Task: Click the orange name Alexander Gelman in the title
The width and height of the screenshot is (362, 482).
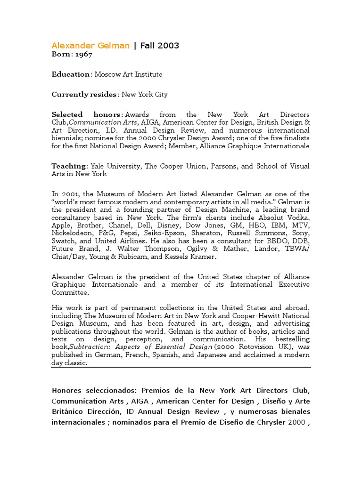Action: pos(90,46)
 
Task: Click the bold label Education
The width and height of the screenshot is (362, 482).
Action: pos(71,74)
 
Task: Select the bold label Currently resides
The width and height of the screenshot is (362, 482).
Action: pos(84,95)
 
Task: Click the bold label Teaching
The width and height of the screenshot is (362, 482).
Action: pos(69,166)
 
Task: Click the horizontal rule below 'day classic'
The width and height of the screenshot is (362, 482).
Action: pos(181,367)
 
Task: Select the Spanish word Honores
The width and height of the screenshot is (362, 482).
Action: pos(66,391)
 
